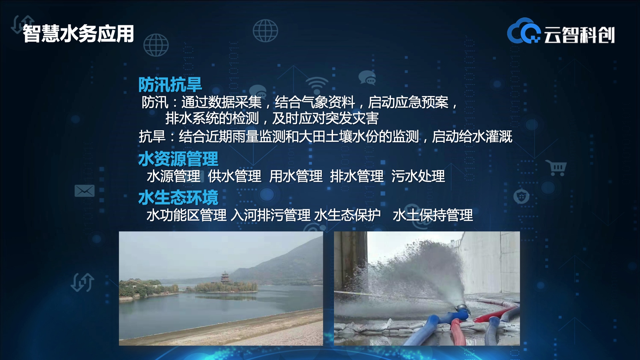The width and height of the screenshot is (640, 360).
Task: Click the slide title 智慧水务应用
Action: tap(78, 34)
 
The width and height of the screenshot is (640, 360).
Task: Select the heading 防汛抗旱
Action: tap(170, 85)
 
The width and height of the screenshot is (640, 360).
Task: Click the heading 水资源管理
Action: tap(178, 159)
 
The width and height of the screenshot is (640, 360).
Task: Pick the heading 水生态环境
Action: tap(178, 198)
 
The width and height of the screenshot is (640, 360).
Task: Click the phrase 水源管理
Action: tap(173, 176)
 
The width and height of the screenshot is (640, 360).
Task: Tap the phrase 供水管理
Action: tap(234, 176)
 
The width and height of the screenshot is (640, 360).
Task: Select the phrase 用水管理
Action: tap(296, 176)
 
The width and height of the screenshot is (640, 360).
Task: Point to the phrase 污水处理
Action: tap(418, 176)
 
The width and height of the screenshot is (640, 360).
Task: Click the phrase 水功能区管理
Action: tap(186, 215)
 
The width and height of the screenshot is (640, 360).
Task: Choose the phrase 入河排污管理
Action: tap(270, 215)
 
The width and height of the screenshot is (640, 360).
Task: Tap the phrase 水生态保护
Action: tap(347, 215)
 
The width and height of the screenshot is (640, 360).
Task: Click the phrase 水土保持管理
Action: tap(433, 215)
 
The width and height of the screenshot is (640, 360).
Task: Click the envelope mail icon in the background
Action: tap(84, 191)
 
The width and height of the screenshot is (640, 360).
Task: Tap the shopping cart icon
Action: tap(556, 168)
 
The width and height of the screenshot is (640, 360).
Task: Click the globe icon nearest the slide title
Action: tap(156, 45)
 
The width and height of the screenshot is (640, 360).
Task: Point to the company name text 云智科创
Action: tap(579, 35)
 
